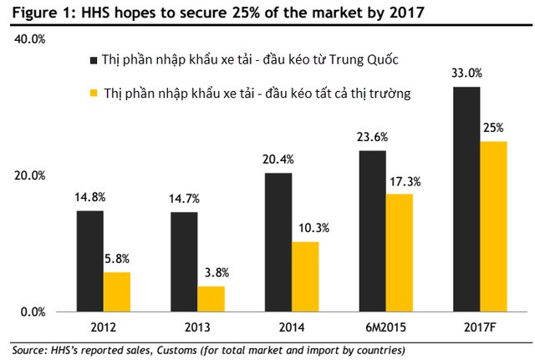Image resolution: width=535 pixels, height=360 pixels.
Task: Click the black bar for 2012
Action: pyautogui.click(x=89, y=261)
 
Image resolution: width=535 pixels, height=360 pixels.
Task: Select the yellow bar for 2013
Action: pyautogui.click(x=211, y=299)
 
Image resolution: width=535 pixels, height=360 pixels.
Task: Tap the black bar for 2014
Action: pyautogui.click(x=279, y=242)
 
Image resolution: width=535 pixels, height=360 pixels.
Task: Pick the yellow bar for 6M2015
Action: pyautogui.click(x=400, y=252)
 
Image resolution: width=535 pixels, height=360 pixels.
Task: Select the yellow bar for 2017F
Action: pyautogui.click(x=494, y=226)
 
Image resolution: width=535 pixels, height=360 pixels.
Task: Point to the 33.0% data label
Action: pyautogui.click(x=466, y=73)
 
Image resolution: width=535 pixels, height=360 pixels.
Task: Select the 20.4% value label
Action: pyautogui.click(x=279, y=160)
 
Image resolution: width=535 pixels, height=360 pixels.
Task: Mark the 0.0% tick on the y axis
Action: pyautogui.click(x=35, y=312)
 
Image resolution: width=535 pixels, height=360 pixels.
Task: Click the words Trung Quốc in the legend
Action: pyautogui.click(x=365, y=61)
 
